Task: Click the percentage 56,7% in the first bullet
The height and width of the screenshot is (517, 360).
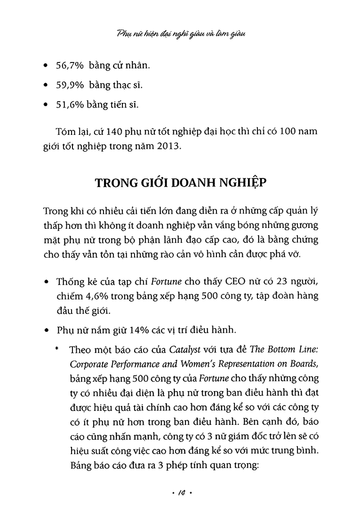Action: click(70, 65)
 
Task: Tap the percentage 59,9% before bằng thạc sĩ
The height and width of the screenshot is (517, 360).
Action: click(70, 85)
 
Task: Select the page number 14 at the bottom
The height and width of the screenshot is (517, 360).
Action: click(180, 492)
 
